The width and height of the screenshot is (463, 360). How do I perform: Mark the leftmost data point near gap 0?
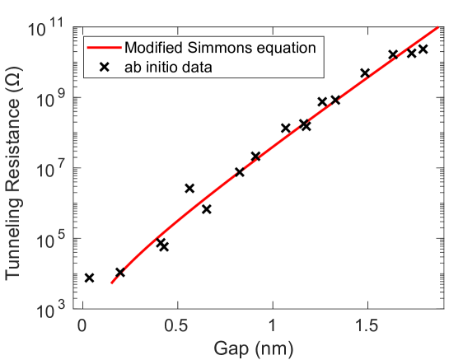click(x=89, y=278)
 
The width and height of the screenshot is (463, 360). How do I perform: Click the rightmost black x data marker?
click(x=423, y=49)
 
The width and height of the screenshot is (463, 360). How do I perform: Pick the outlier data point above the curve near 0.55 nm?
click(x=189, y=189)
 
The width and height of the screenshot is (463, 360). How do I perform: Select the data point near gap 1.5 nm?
click(x=365, y=73)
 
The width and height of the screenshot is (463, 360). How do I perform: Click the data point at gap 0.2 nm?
click(x=120, y=272)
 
